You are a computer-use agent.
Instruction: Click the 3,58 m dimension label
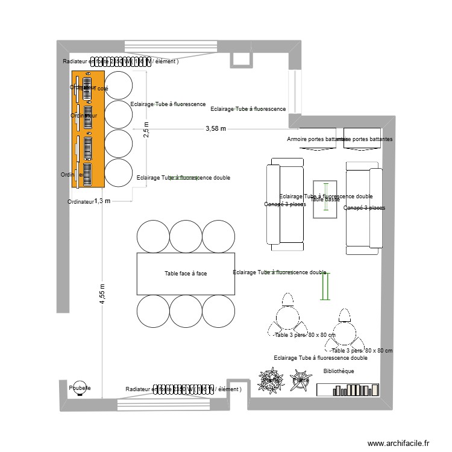216,128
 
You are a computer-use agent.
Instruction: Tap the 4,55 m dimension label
102,294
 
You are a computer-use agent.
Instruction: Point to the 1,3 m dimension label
102,201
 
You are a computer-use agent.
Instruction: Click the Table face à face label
186,274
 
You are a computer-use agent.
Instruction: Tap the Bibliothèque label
338,371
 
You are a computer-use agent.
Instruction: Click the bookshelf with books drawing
348,389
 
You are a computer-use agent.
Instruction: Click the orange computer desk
88,128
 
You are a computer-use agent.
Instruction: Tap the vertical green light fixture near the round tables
325,286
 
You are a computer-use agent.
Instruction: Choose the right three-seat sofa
364,205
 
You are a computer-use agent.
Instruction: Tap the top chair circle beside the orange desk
119,84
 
